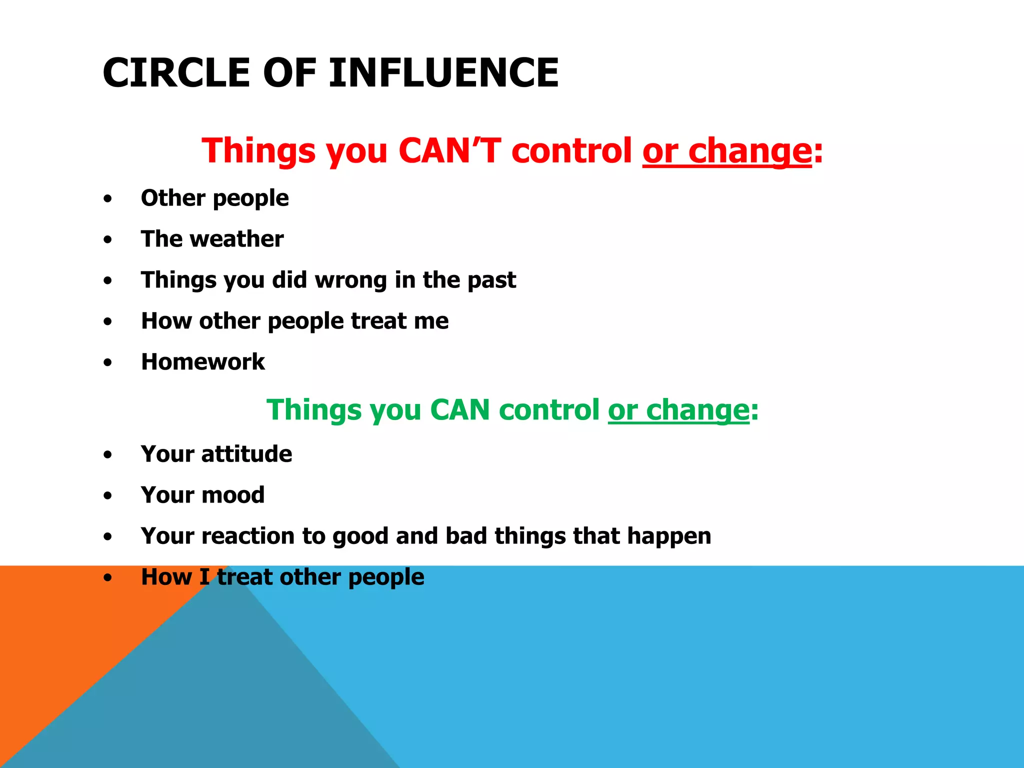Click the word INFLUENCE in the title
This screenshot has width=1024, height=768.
443,73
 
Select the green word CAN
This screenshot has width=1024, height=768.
459,410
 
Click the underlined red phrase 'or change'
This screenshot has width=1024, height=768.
727,150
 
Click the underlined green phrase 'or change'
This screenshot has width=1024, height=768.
678,410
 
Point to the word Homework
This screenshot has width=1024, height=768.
202,362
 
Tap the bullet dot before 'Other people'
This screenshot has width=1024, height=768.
108,199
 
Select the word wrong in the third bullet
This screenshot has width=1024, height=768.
350,280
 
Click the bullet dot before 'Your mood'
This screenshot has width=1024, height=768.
108,496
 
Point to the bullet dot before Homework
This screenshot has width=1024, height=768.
108,363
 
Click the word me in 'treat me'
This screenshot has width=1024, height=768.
434,321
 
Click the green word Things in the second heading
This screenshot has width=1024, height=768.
313,410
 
